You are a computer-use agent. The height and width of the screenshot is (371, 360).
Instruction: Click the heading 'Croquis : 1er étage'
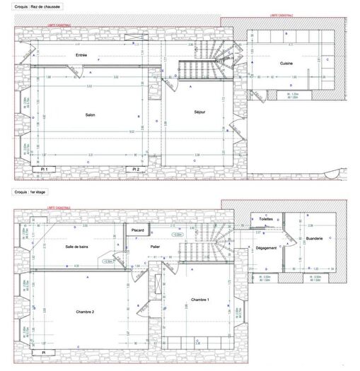point(30,191)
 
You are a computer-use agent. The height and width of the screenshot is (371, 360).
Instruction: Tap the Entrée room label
point(81,55)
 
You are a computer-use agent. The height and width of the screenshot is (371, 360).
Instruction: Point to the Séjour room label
point(199,112)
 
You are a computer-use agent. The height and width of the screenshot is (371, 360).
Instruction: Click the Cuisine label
point(286,64)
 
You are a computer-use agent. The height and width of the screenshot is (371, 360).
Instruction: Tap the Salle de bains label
point(77,246)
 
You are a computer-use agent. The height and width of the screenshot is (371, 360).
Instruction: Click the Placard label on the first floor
point(138,230)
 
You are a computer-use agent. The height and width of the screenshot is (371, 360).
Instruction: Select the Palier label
point(155,246)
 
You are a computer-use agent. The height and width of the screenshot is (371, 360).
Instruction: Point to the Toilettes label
point(266,220)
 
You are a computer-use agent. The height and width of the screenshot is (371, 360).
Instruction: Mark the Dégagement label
point(266,248)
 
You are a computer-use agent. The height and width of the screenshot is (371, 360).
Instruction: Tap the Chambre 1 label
point(200,300)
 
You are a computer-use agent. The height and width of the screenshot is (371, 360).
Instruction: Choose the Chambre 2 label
point(84,310)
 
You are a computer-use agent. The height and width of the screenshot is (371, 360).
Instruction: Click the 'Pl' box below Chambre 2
point(43,352)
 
